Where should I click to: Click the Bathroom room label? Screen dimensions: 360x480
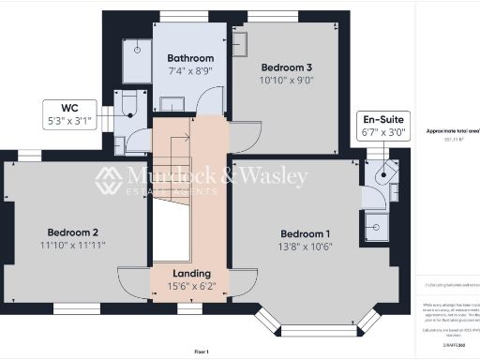(x=189, y=55)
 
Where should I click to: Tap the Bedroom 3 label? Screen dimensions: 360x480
(x=286, y=67)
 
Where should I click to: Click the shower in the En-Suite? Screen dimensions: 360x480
(x=376, y=225)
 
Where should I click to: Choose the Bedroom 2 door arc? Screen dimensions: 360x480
(x=132, y=279)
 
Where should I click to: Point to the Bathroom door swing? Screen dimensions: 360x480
(x=216, y=101)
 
